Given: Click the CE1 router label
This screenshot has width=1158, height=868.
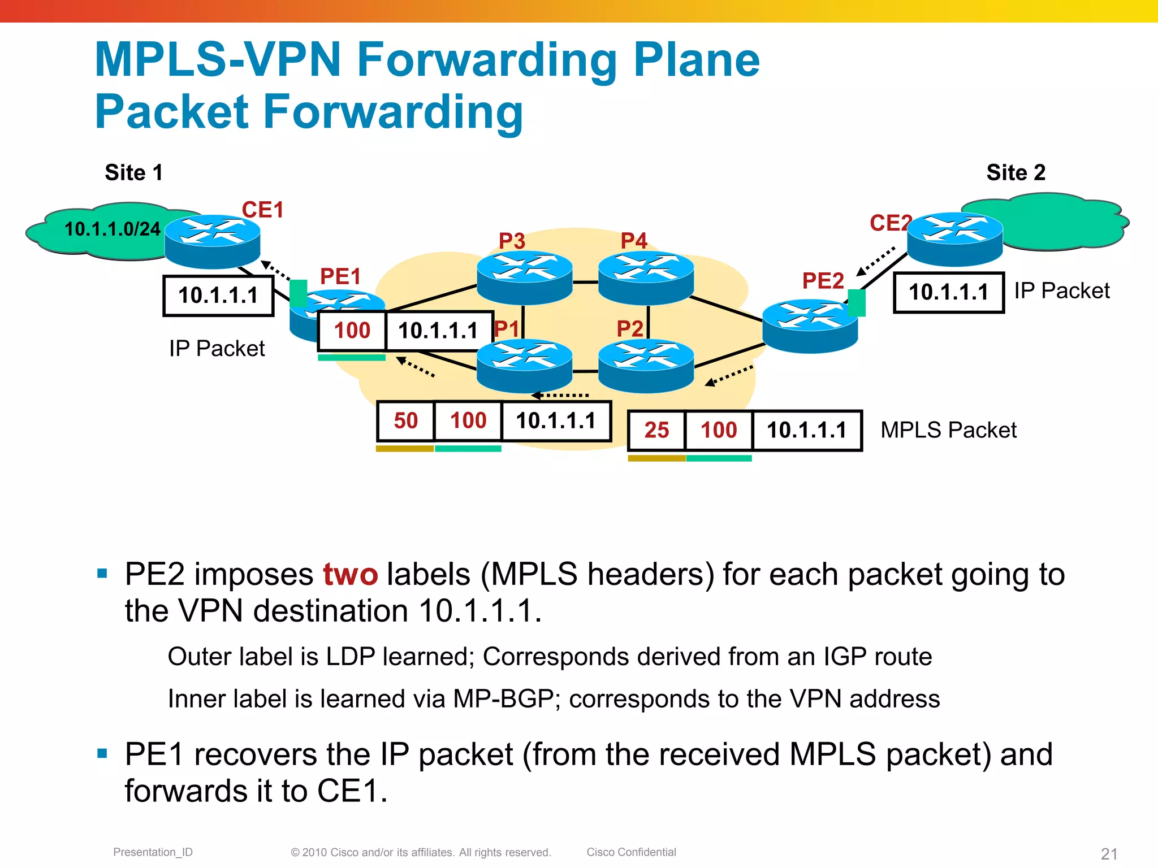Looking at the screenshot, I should click(262, 210).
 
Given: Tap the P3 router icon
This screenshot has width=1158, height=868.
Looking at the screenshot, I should click(524, 277).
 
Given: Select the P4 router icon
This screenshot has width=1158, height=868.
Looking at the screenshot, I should click(646, 277).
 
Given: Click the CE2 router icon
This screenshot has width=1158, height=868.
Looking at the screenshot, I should click(954, 238).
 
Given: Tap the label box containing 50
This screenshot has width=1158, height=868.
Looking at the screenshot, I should click(405, 421).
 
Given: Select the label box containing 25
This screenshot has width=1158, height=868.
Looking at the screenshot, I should click(656, 431).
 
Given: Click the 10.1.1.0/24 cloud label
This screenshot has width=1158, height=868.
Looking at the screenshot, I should click(112, 229).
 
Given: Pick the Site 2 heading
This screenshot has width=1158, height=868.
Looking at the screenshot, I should click(1016, 172).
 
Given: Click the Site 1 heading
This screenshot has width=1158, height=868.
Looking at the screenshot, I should click(133, 172).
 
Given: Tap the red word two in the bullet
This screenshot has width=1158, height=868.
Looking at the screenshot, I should click(350, 575).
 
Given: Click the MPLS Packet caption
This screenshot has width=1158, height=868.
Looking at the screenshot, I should click(948, 431).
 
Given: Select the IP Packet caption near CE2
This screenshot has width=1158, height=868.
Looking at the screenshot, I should click(1061, 291).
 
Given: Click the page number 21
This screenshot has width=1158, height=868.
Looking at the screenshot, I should click(1109, 853).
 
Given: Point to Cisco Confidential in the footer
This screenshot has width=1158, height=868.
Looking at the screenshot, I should click(631, 852).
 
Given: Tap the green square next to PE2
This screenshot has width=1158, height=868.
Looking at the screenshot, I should click(857, 302).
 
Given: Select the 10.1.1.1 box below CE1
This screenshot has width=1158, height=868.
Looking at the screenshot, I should click(218, 296).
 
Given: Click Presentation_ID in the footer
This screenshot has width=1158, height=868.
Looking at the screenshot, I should click(153, 852).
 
